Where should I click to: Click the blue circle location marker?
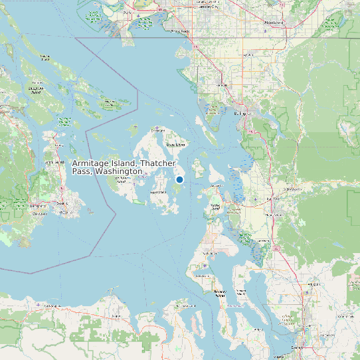[179, 179]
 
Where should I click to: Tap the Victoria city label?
[64, 213]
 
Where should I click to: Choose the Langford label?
[40, 207]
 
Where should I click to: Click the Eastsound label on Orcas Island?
[175, 144]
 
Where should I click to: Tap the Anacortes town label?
[216, 187]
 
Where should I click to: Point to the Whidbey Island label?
[211, 253]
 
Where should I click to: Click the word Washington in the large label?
[118, 172]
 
